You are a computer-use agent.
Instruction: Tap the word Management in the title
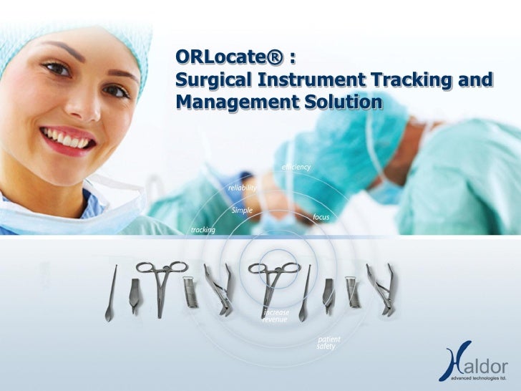230,102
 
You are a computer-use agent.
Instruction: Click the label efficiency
296,167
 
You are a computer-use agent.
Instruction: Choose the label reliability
242,188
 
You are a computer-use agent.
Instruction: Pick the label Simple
242,210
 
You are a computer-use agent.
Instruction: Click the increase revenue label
275,316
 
